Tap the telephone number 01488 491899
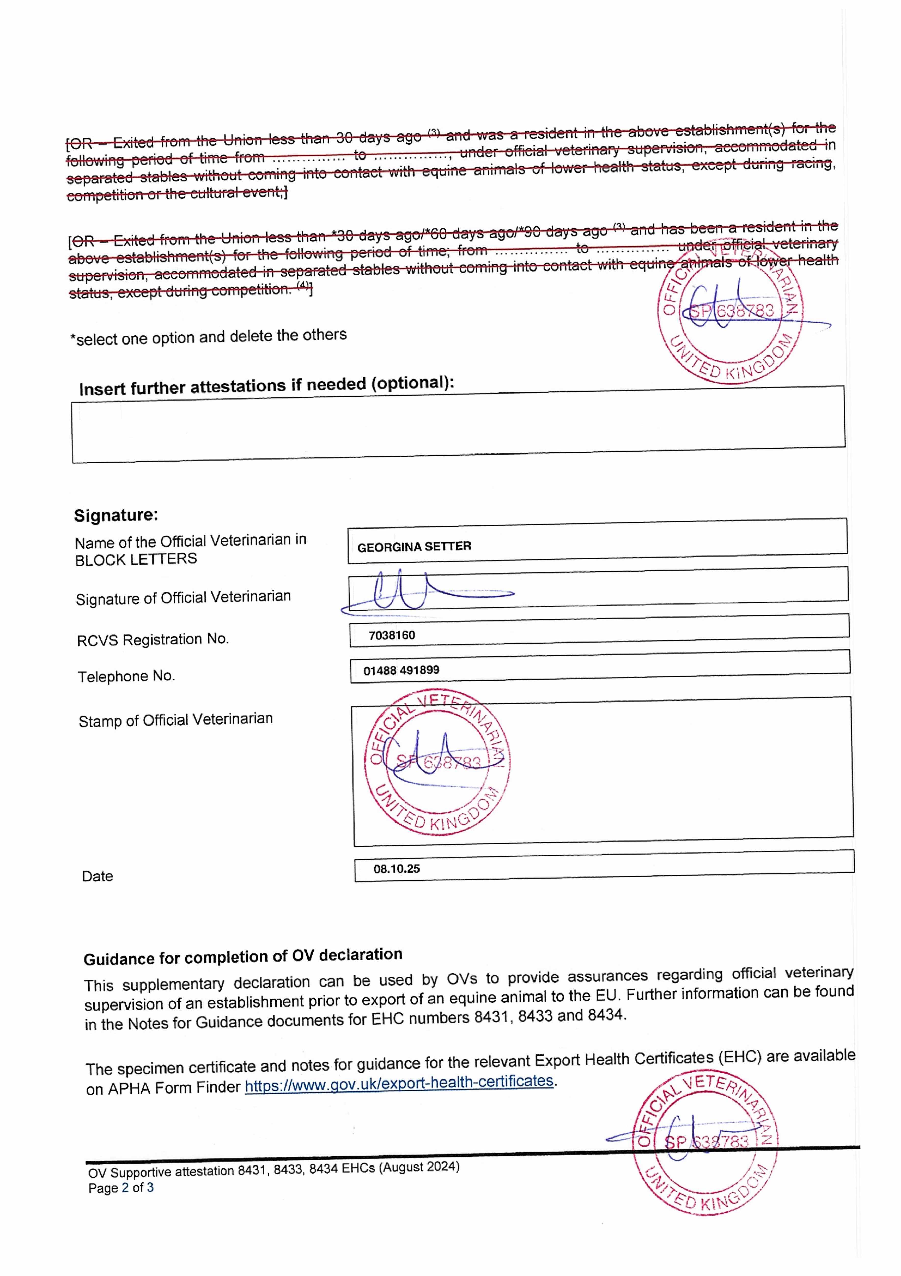click(x=401, y=670)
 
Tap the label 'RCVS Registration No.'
click(x=153, y=640)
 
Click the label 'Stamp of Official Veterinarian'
click(x=175, y=720)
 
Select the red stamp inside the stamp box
click(x=438, y=763)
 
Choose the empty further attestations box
click(x=458, y=425)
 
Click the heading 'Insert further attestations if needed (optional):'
click(x=267, y=386)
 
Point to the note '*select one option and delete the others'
click(x=208, y=337)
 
